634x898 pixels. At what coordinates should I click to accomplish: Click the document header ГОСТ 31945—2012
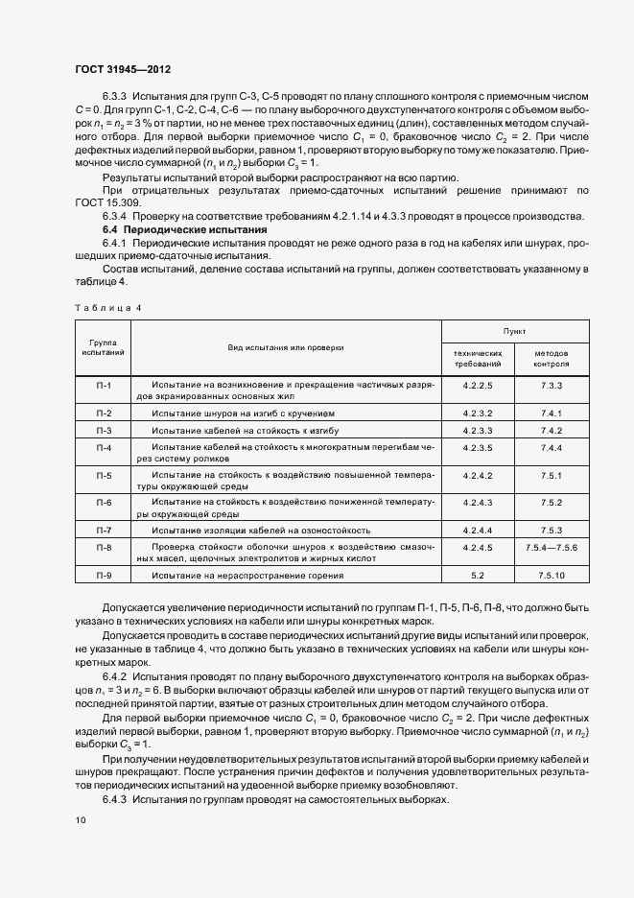(123, 70)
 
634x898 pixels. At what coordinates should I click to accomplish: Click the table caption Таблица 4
(107, 307)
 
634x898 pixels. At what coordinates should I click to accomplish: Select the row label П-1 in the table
(105, 385)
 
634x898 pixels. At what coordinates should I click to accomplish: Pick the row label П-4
(105, 448)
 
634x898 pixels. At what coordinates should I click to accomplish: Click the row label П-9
(105, 575)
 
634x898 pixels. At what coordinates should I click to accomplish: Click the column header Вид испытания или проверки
(285, 346)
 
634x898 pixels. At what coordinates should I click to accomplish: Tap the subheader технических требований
(477, 359)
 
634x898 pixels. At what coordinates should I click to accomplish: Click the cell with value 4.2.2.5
(477, 385)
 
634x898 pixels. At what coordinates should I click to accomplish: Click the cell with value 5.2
(477, 575)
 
